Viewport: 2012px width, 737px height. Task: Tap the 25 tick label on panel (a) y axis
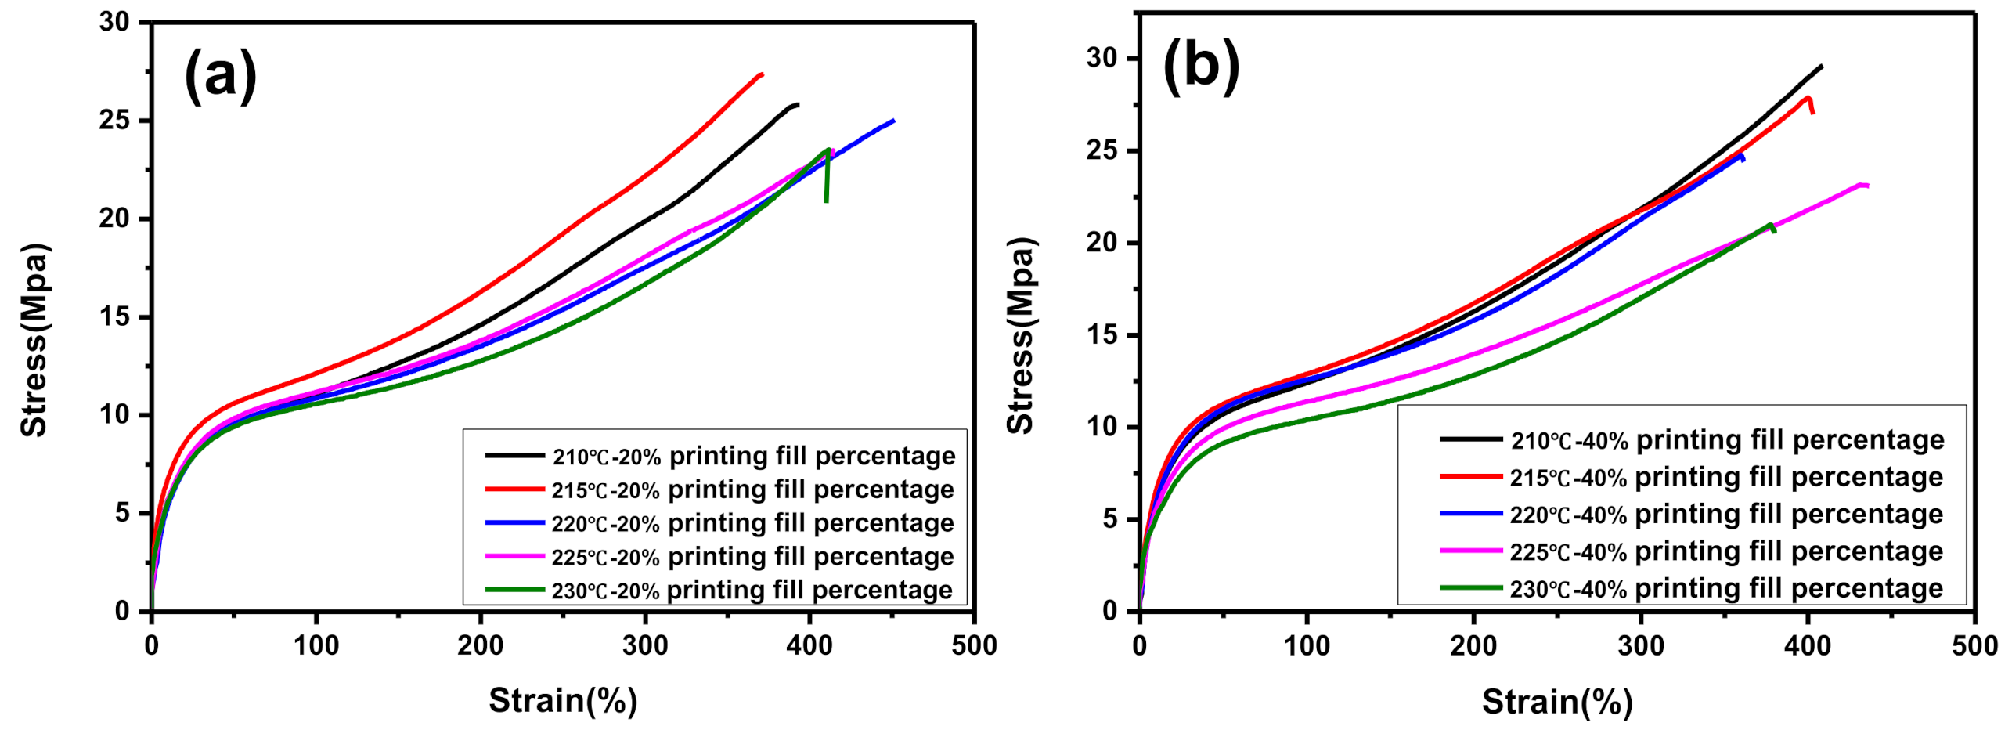114,121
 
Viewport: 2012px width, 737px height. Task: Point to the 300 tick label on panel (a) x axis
644,646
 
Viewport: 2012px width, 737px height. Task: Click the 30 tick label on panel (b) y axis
1102,58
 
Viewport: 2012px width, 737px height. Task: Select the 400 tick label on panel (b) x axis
1807,646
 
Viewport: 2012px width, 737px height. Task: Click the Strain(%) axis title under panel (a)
562,700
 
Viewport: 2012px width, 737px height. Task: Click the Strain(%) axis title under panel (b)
1556,702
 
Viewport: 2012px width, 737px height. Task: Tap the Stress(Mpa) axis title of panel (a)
34,341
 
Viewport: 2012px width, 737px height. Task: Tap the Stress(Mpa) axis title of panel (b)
1021,337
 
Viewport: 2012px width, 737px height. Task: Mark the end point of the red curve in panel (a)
761,74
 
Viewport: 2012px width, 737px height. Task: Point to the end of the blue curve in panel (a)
892,121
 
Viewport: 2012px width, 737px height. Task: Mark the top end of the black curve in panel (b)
1821,67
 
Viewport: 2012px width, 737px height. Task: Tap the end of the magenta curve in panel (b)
1866,186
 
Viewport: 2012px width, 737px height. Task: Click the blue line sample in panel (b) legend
1470,514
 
